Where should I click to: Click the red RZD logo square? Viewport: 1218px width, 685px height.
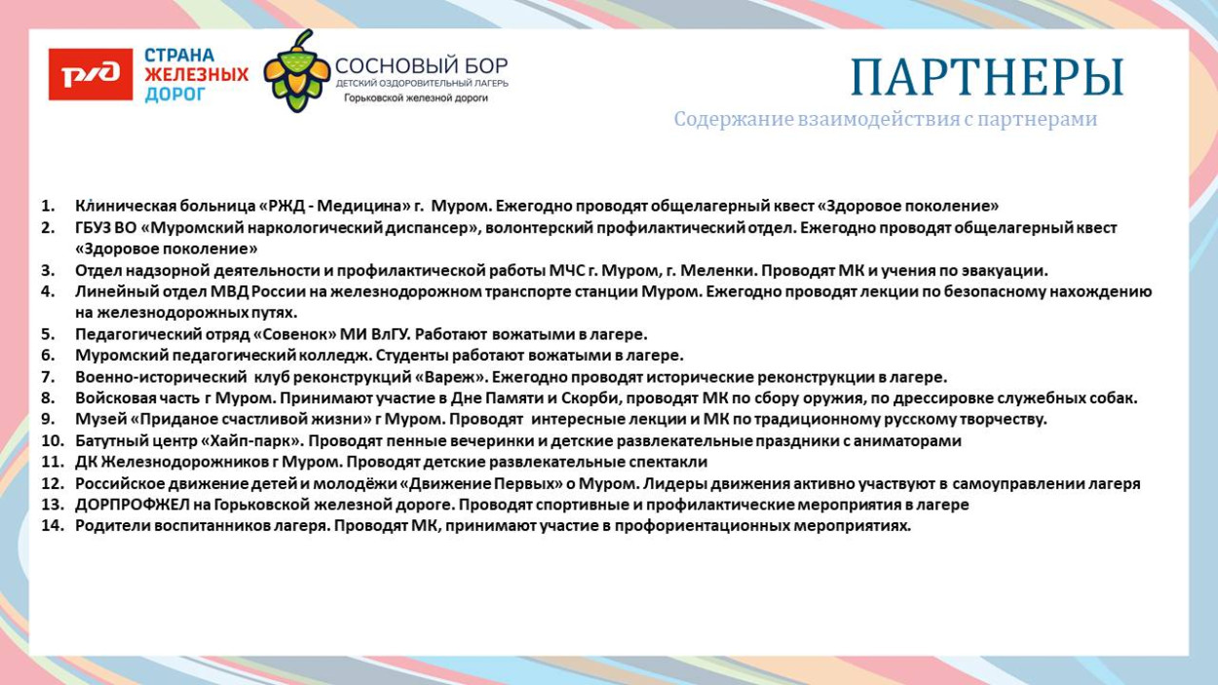(91, 75)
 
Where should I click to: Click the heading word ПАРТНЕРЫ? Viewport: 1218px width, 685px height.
(986, 77)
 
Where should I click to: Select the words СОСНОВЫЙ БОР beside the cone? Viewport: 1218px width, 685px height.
(421, 66)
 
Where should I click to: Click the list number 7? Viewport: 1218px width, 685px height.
(48, 377)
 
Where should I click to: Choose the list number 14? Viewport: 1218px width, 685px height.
(51, 526)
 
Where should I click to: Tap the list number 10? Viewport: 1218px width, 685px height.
(51, 441)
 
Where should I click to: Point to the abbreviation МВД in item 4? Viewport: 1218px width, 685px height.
(230, 292)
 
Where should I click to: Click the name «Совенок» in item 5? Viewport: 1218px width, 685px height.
(293, 334)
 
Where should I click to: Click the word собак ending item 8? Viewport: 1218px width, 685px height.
(1115, 399)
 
